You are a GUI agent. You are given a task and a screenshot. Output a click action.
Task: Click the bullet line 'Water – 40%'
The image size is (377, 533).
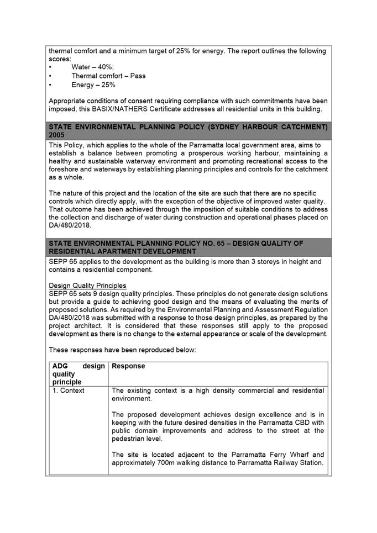point(92,67)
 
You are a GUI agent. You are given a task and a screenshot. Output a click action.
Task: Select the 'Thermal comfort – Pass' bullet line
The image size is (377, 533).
point(108,76)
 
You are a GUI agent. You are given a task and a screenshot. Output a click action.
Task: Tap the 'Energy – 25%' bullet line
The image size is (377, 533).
point(93,85)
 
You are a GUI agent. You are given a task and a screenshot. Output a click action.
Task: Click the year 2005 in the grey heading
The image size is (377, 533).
point(57,135)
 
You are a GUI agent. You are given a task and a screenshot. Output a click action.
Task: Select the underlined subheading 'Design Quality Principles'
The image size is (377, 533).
point(87,286)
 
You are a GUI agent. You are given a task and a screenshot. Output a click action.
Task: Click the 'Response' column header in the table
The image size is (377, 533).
point(128,366)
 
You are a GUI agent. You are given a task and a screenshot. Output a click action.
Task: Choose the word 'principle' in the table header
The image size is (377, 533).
point(67,382)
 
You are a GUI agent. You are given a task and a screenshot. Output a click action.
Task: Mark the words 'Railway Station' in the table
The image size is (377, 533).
point(296,462)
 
